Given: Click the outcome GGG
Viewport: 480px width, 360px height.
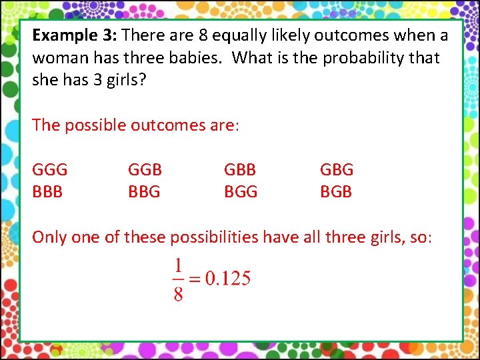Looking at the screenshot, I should pyautogui.click(x=50, y=169).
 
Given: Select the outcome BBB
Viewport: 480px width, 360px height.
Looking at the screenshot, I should pyautogui.click(x=47, y=192).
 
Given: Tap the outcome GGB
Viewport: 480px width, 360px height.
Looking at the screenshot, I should pyautogui.click(x=145, y=169).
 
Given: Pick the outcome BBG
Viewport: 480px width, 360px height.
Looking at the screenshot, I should pyautogui.click(x=144, y=192).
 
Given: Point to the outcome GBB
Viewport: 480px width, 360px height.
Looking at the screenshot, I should pyautogui.click(x=240, y=169).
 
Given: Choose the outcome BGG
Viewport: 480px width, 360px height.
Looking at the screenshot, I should pyautogui.click(x=241, y=192).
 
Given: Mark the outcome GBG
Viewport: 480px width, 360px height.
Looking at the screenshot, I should pyautogui.click(x=337, y=169).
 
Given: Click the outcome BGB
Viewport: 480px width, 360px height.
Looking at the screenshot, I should pyautogui.click(x=336, y=192).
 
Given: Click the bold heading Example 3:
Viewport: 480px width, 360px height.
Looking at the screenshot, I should pyautogui.click(x=75, y=35).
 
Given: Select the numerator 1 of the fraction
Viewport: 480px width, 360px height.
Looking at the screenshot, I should pyautogui.click(x=178, y=266).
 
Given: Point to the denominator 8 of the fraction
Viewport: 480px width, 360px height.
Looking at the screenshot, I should pyautogui.click(x=178, y=293).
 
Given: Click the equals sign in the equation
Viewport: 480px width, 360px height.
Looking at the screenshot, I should pyautogui.click(x=194, y=279).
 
